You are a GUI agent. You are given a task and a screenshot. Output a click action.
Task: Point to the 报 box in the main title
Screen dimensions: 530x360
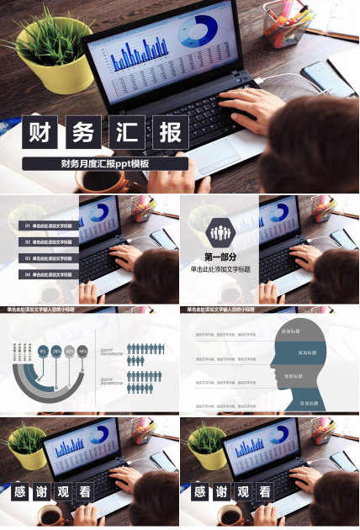(170, 133)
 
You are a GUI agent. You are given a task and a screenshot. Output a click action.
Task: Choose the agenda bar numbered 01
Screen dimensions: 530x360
(49, 225)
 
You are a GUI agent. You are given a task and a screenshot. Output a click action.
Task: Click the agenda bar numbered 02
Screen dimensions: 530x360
(49, 241)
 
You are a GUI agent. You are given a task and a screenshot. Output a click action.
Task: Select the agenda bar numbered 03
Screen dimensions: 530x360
(49, 257)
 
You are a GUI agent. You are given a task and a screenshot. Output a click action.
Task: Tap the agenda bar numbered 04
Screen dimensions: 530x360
(49, 274)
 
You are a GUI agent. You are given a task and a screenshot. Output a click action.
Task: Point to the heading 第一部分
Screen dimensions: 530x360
(221, 257)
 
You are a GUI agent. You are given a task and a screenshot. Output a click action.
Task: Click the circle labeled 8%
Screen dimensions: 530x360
(43, 350)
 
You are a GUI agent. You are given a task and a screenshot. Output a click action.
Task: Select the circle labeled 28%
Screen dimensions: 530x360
(56, 350)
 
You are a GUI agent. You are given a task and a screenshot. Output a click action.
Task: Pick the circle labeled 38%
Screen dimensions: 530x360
(69, 350)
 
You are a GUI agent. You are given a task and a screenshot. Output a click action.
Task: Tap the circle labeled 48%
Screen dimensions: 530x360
(82, 350)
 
